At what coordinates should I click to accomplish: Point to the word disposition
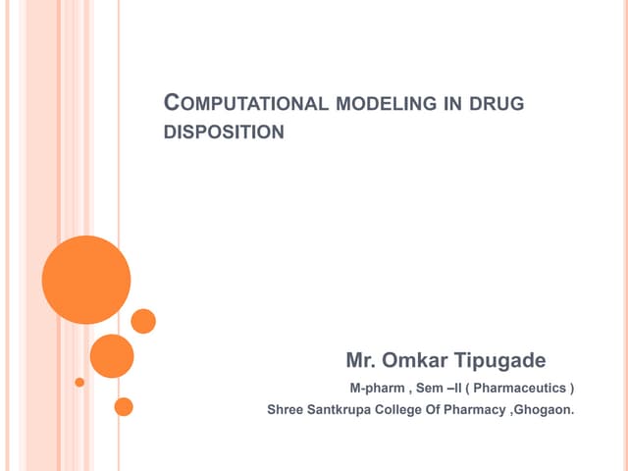click(x=223, y=131)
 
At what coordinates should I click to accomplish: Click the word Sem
click(x=430, y=388)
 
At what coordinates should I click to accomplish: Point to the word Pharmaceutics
click(x=518, y=388)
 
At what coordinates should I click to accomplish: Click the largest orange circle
click(x=86, y=280)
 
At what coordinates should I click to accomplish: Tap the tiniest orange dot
click(x=79, y=382)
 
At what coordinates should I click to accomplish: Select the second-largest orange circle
click(x=112, y=356)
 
